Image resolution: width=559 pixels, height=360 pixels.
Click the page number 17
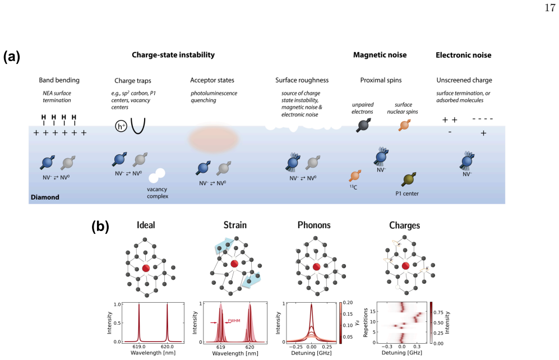[549, 7]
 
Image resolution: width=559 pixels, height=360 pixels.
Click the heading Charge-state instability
[173, 55]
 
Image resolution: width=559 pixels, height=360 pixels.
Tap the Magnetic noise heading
[380, 55]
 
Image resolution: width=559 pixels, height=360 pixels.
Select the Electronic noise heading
[464, 55]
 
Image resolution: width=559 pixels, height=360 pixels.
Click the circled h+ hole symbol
[121, 126]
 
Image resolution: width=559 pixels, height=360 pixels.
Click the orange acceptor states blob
[213, 139]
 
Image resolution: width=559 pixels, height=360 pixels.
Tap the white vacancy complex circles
[157, 176]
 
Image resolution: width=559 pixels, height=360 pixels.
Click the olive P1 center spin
[409, 179]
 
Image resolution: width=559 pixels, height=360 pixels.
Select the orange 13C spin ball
[355, 176]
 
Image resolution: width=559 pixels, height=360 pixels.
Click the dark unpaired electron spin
[363, 125]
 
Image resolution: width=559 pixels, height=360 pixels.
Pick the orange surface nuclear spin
[404, 125]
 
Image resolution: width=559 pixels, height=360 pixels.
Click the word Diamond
[45, 197]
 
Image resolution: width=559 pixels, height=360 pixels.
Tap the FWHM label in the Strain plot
[234, 321]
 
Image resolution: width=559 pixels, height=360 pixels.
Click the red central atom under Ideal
[146, 268]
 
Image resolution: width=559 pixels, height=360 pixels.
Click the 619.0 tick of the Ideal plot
[138, 347]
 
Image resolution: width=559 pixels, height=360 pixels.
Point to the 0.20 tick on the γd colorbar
[348, 303]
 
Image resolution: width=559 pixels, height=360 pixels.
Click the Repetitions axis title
[366, 322]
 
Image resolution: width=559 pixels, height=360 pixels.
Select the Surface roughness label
[302, 80]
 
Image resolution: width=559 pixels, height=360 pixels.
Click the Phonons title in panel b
[314, 225]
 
